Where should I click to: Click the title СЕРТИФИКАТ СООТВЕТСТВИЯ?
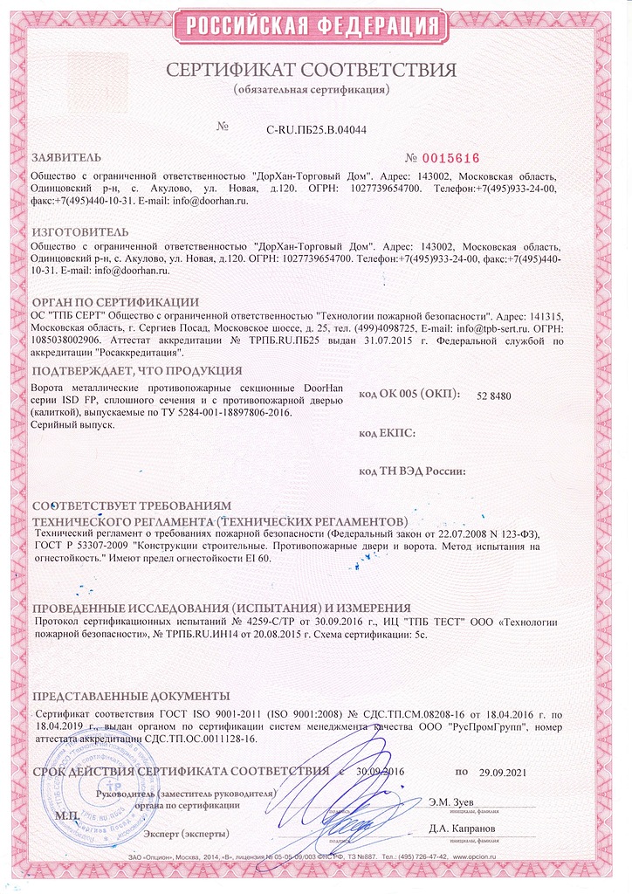click(x=312, y=70)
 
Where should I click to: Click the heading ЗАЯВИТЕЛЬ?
click(x=67, y=159)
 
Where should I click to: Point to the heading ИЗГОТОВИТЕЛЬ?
click(x=79, y=231)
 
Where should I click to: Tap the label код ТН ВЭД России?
click(x=412, y=471)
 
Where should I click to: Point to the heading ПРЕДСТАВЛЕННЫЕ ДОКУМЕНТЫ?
click(x=131, y=696)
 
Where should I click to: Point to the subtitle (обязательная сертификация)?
click(x=312, y=90)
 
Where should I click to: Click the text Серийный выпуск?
click(x=72, y=423)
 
